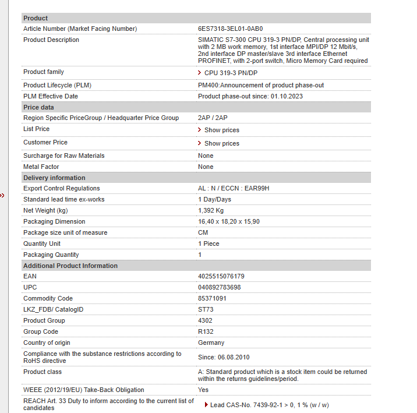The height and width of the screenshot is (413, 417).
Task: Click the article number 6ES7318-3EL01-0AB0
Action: click(x=231, y=29)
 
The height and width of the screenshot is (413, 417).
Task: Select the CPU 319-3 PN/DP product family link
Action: click(x=230, y=73)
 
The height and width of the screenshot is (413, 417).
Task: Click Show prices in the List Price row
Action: click(x=221, y=130)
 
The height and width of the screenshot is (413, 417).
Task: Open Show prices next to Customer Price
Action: click(x=221, y=143)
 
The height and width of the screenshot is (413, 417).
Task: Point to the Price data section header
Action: click(x=38, y=107)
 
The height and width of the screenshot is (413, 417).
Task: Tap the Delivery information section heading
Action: click(x=54, y=178)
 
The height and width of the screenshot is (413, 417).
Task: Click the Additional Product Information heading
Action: click(x=70, y=266)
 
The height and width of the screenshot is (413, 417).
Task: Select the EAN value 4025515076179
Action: click(x=221, y=276)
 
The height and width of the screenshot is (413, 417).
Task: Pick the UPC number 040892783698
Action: click(x=220, y=287)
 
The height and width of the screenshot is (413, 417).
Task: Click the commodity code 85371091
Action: click(x=213, y=298)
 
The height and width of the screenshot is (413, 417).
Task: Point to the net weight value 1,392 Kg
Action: click(x=211, y=210)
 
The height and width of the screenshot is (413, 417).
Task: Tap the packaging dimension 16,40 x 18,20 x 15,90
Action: click(x=229, y=221)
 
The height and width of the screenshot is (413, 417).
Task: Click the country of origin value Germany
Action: click(x=211, y=343)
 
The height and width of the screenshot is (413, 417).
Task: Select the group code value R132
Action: click(x=206, y=331)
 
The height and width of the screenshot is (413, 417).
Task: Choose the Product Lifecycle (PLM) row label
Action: click(x=57, y=85)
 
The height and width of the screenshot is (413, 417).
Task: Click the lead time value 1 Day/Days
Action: click(x=214, y=199)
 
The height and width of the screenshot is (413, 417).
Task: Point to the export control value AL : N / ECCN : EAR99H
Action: click(x=234, y=188)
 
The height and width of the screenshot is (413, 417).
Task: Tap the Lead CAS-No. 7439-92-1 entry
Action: click(x=268, y=405)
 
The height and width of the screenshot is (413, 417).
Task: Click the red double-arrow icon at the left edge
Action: click(x=2, y=196)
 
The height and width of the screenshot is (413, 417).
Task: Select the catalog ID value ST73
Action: click(x=206, y=309)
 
